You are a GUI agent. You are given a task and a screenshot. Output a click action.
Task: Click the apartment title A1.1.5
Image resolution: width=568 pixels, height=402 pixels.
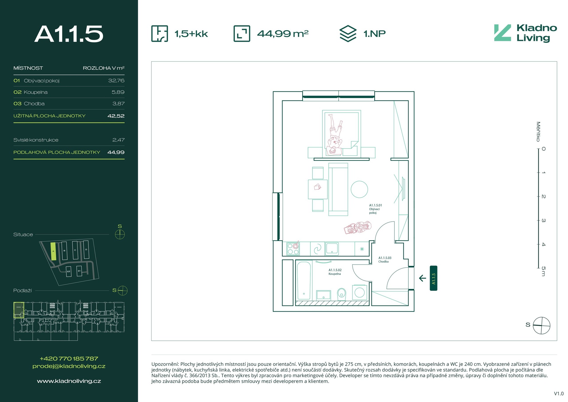pos(69,34)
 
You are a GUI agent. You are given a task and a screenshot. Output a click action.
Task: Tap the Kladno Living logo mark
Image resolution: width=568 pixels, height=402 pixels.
pos(502,33)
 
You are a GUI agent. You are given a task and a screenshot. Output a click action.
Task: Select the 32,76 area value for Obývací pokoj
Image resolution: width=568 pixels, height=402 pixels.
pos(116,81)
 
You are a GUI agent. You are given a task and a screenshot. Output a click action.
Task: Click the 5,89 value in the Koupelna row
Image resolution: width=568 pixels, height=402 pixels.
pos(118,92)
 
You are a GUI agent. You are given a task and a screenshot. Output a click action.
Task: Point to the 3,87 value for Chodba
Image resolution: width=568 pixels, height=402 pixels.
pos(118,104)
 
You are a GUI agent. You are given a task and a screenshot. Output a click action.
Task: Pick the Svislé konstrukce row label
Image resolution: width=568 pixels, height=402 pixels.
pos(36,140)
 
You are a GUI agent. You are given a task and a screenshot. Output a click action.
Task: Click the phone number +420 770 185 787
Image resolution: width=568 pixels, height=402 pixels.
pos(69,358)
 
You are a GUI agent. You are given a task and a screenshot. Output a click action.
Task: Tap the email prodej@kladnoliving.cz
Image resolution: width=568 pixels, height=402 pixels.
pos(69,366)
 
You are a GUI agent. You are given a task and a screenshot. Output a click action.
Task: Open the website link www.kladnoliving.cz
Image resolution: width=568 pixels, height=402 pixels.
pos(69,381)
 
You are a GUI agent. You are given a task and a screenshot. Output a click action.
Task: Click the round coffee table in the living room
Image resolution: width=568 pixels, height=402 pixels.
pos(359,189)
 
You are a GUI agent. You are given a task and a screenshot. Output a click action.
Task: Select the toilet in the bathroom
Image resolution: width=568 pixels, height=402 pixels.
pos(342,294)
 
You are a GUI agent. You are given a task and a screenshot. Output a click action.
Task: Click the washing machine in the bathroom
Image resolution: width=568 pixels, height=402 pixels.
pos(359,292)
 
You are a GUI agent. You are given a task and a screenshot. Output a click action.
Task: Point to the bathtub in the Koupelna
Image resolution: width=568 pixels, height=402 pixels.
pos(304,280)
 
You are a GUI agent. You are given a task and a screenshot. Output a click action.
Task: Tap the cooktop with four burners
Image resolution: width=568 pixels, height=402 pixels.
pos(293,249)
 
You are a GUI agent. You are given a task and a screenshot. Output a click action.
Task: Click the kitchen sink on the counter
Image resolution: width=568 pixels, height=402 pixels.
pos(332,249)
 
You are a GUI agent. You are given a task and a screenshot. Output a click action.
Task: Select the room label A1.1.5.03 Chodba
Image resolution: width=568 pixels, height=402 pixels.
pos(385,260)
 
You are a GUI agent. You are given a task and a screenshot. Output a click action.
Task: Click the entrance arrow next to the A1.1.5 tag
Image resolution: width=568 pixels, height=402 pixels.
pos(422,278)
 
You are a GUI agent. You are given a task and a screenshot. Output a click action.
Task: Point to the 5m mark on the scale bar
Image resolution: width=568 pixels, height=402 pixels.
pos(543,271)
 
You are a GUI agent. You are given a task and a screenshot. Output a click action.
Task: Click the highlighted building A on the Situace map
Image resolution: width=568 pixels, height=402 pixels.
pos(53,251)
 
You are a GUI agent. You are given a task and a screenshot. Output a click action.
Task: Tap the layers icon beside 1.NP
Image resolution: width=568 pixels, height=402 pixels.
pos(348,33)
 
